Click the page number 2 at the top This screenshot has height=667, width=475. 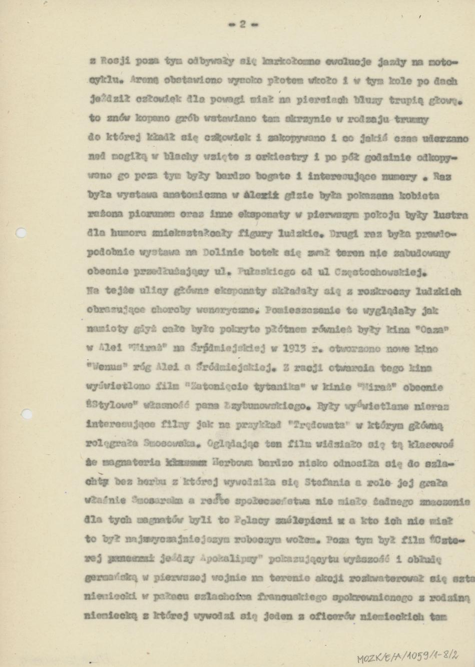242,24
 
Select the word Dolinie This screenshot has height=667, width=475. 224,254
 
